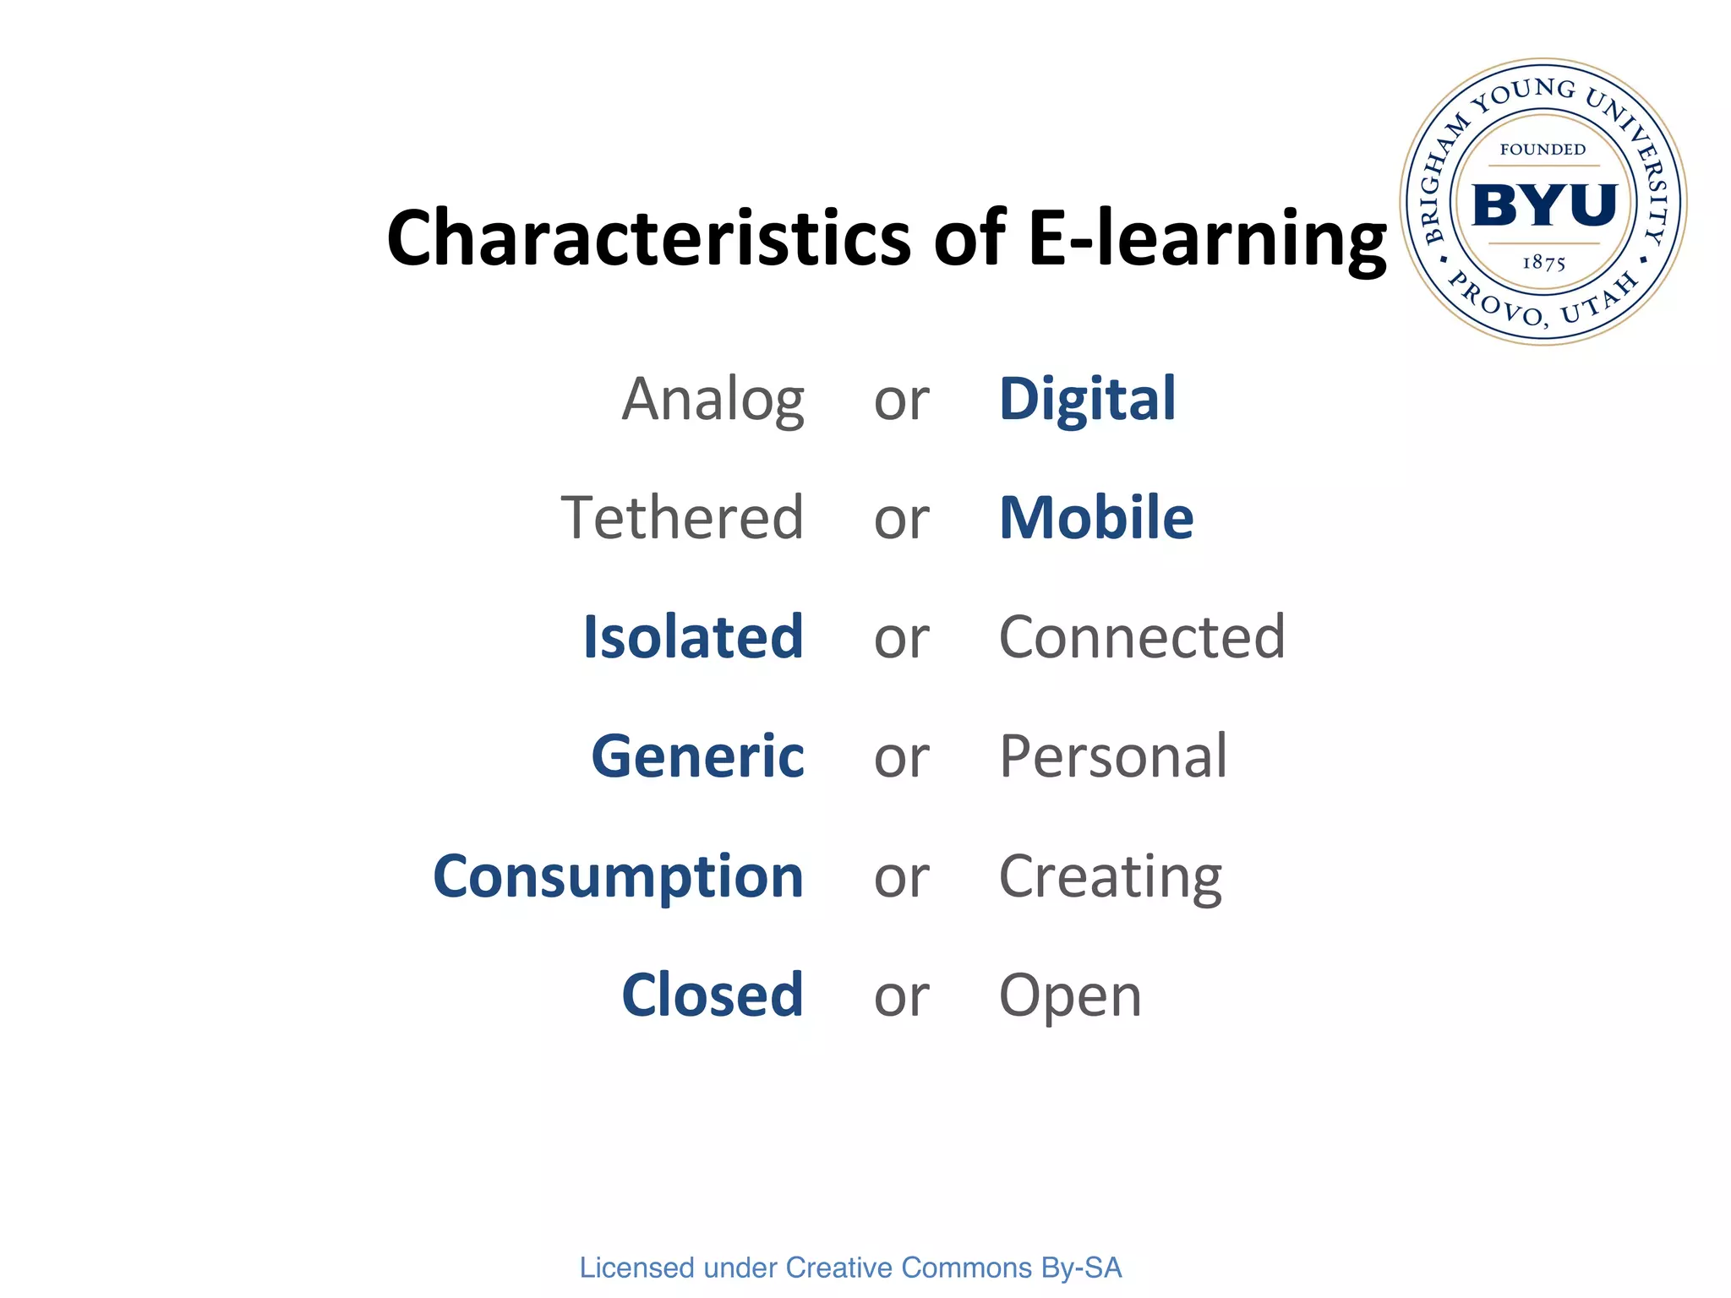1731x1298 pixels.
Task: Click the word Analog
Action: (x=713, y=400)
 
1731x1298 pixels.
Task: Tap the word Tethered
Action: (x=681, y=518)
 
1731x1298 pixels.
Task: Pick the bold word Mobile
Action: (x=1095, y=518)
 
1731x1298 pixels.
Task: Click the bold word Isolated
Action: (x=692, y=637)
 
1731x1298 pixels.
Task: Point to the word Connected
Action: (x=1141, y=637)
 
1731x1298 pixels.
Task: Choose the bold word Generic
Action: (x=697, y=756)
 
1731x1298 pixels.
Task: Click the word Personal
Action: (x=1112, y=756)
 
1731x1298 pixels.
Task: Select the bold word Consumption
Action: (x=618, y=876)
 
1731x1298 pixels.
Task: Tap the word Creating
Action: (x=1110, y=876)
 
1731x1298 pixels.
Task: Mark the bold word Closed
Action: (x=712, y=995)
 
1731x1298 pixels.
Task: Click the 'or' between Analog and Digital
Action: (x=901, y=401)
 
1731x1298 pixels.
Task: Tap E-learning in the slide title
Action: (x=1207, y=240)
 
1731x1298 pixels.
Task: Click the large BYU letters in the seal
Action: (x=1543, y=205)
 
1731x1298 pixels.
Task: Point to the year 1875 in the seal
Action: (x=1543, y=263)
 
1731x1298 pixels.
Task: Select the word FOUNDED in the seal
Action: (x=1543, y=150)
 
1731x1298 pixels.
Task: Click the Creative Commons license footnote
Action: (x=850, y=1268)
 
